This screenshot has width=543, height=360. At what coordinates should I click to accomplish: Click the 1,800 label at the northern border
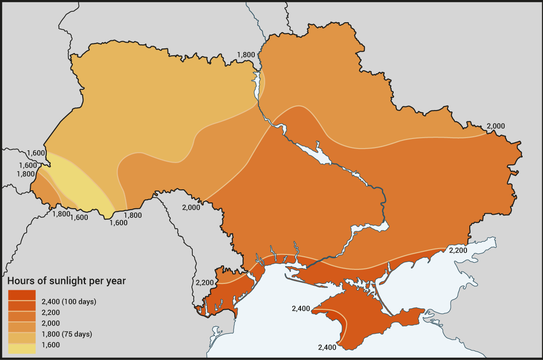246,55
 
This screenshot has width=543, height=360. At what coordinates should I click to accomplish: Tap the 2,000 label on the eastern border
495,126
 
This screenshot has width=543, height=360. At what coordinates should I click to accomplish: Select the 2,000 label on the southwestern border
191,207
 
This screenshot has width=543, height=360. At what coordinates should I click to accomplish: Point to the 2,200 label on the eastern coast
458,250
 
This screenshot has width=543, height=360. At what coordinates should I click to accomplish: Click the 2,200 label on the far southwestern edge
205,282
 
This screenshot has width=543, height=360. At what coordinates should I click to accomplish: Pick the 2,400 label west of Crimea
301,309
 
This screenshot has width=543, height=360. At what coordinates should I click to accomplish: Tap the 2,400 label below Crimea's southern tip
327,348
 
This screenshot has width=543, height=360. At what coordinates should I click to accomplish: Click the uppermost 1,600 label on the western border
36,153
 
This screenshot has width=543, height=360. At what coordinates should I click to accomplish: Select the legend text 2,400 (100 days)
69,302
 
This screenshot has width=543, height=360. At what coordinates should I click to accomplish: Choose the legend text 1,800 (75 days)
67,334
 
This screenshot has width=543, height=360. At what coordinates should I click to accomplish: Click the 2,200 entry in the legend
51,312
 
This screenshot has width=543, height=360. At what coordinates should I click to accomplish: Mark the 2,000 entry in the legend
51,323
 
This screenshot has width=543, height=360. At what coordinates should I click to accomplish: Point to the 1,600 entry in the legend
51,345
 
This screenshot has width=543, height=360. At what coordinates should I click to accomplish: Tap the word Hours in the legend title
21,281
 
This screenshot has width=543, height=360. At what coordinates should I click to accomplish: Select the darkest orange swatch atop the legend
22,295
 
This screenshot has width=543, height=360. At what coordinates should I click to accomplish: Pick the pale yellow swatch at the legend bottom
22,348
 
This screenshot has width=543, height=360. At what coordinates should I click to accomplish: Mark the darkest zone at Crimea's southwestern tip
333,317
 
